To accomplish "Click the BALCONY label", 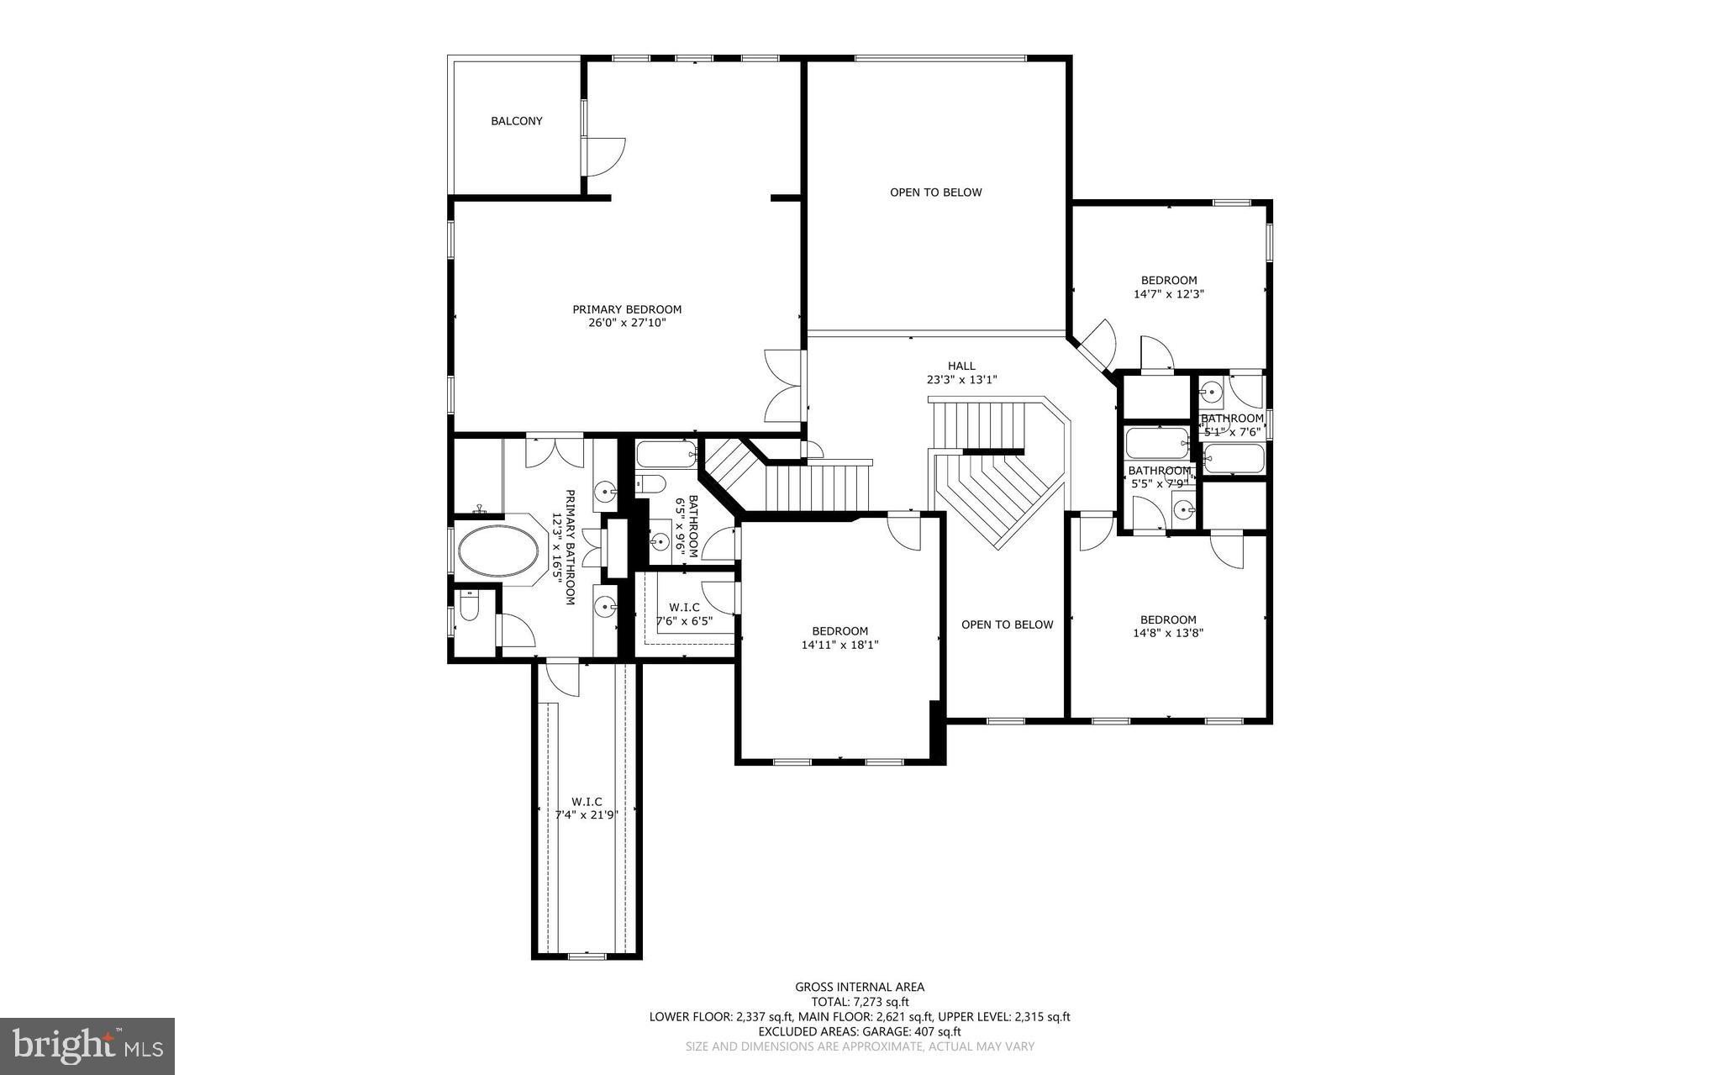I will click(x=516, y=121).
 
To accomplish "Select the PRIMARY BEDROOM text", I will click(x=627, y=309).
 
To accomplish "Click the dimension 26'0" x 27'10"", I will click(x=627, y=323).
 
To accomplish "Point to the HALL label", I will click(x=961, y=366).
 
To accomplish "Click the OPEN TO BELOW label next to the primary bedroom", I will click(x=935, y=192).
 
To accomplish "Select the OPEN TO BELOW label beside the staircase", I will click(x=1007, y=624).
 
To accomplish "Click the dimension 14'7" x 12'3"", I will click(x=1168, y=294).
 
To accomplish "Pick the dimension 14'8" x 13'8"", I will click(x=1168, y=634).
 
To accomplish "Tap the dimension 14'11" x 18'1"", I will click(x=839, y=645).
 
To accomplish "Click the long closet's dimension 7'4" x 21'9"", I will click(x=587, y=814).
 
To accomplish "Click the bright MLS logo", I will click(x=87, y=1046).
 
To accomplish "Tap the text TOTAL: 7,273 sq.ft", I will click(x=860, y=1002).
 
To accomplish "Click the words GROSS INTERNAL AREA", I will click(x=860, y=987).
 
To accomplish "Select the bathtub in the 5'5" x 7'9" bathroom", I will click(x=1156, y=443).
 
